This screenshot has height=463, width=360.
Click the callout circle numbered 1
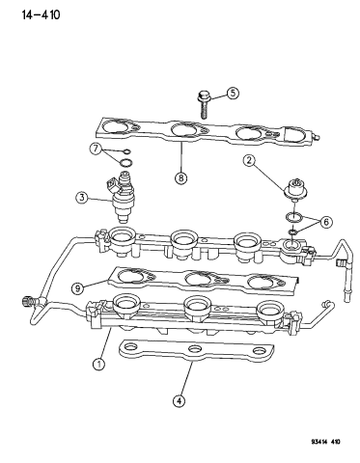98,364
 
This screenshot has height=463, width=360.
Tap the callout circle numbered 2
248,161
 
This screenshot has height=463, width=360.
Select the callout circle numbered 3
83,199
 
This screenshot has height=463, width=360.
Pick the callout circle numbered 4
179,401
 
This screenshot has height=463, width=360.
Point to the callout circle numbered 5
233,94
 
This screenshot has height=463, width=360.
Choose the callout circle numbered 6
325,222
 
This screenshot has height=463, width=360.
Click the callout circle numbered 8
180,176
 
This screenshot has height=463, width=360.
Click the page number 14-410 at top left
30,14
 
